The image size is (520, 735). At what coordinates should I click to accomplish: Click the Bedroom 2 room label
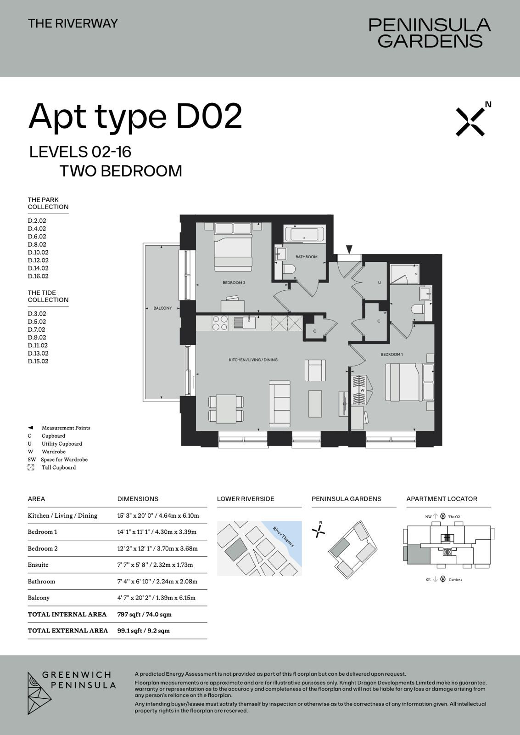[234, 283]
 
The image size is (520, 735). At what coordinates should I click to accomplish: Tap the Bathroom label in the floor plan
[306, 257]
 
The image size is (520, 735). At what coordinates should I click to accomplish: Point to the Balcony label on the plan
[162, 308]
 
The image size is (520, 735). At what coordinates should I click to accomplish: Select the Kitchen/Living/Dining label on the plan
[253, 360]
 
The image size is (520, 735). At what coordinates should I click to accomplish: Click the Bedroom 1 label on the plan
[391, 354]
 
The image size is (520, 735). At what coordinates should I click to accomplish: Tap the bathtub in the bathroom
[305, 234]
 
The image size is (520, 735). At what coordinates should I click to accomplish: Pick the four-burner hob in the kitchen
[220, 322]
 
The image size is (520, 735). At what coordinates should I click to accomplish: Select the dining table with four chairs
[226, 408]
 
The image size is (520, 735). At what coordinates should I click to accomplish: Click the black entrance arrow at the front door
[349, 250]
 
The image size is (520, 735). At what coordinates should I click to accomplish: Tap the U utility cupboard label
[380, 283]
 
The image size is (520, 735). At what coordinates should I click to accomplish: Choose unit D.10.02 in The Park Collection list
[38, 252]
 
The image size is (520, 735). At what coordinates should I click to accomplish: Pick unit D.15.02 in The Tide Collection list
[38, 361]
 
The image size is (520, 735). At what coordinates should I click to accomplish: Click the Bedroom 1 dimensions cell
[157, 532]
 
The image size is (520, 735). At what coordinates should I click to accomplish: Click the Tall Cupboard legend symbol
[31, 467]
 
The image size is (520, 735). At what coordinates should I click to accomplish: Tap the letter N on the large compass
[488, 104]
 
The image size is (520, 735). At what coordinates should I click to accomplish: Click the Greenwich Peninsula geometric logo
[39, 693]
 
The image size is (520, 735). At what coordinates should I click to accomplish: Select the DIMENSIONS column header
[138, 499]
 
